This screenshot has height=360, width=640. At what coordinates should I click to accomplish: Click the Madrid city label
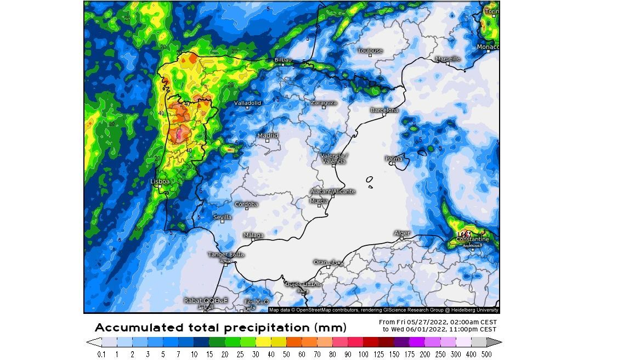point(268,136)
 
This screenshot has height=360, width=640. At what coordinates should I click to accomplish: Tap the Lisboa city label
point(160,181)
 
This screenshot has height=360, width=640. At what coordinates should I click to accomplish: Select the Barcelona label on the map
point(384,110)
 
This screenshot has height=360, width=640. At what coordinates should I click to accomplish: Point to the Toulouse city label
point(370,51)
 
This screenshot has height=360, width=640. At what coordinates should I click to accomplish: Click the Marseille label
point(448,59)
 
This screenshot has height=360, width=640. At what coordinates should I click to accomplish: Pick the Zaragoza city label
point(324,103)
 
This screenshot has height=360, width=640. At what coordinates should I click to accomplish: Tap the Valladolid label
point(247,103)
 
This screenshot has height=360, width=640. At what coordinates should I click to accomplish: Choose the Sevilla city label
point(222,217)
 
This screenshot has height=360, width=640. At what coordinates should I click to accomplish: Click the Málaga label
point(253,235)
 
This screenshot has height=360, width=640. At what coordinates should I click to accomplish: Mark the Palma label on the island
point(394,159)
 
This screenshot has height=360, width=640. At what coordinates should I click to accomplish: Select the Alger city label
point(402,233)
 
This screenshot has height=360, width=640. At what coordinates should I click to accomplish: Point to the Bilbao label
point(283,59)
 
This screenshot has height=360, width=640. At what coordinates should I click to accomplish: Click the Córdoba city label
point(246,204)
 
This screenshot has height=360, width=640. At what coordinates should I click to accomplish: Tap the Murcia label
point(319,201)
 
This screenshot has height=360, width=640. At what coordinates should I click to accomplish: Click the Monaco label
point(488,47)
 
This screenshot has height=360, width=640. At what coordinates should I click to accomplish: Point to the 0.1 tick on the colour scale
point(101,354)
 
